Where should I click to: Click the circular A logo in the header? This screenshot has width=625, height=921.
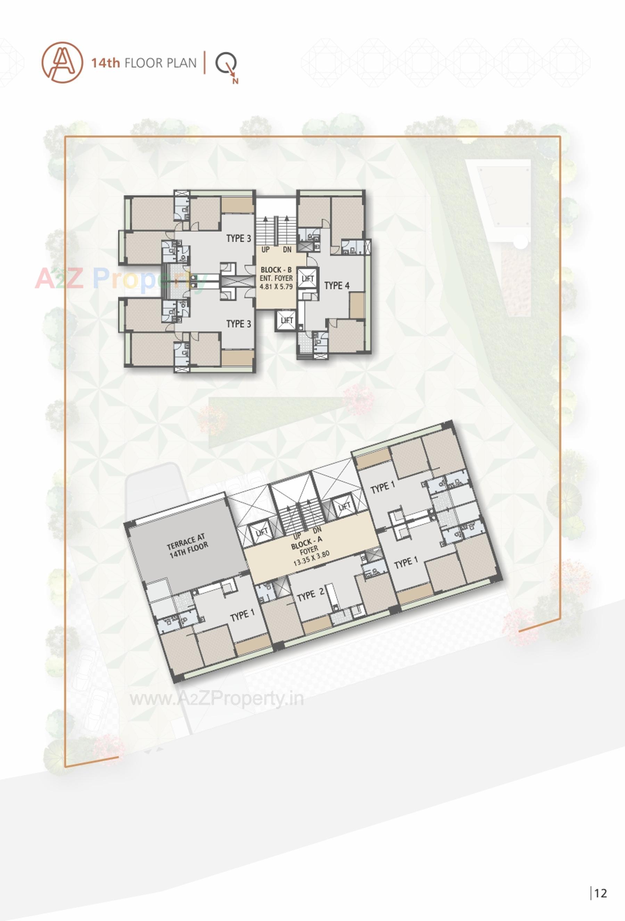[x=62, y=63]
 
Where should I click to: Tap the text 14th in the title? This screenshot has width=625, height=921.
[x=105, y=63]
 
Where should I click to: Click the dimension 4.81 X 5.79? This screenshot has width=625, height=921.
[x=276, y=286]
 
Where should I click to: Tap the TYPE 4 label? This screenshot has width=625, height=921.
[x=337, y=285]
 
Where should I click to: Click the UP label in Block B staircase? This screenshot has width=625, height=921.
[x=265, y=250]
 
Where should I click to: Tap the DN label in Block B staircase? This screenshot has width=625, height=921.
[x=287, y=250]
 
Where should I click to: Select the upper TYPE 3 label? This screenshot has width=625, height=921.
[x=238, y=238]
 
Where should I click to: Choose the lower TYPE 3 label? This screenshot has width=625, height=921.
[x=238, y=324]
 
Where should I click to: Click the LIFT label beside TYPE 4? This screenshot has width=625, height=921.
[x=308, y=279]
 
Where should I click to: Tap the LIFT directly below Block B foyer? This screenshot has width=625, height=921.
[x=287, y=320]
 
